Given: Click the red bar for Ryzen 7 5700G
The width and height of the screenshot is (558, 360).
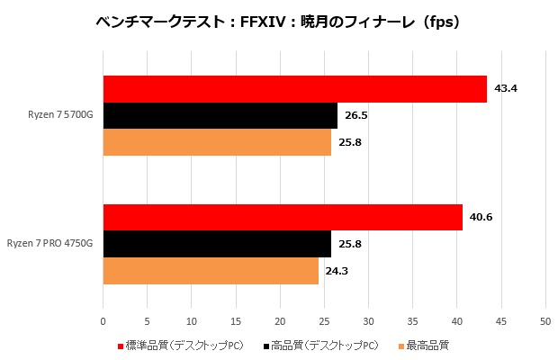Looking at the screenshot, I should (294, 89).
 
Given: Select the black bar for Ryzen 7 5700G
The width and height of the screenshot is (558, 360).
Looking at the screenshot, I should (220, 115).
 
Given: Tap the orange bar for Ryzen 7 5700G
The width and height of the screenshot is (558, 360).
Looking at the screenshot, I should (217, 142).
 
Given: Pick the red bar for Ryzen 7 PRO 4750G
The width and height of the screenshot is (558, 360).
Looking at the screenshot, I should (283, 217).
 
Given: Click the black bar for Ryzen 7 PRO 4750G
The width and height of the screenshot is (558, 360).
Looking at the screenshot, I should (217, 244).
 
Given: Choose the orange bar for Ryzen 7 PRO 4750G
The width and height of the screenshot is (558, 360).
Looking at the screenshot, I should (211, 271).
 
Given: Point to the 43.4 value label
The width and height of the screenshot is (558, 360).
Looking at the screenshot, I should (507, 89).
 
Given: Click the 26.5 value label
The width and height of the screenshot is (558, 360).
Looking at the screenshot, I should (357, 115).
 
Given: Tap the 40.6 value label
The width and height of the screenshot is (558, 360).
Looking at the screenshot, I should (482, 217).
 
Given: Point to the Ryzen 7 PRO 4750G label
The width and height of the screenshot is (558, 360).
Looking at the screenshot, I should (49, 244).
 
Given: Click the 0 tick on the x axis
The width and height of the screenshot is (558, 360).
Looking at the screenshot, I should (103, 320).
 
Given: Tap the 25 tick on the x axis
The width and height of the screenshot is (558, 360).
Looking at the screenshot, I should (324, 320).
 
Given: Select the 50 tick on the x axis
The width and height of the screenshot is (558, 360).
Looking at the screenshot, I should (544, 320).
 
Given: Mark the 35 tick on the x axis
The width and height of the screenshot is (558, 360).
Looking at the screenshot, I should (412, 320).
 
